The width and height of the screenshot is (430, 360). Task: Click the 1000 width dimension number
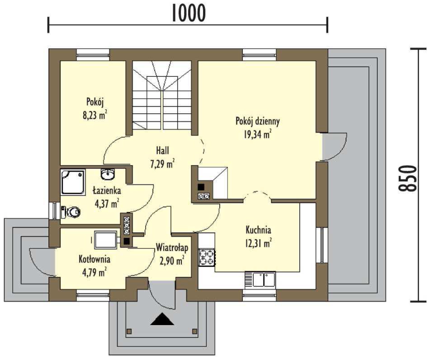[189, 13]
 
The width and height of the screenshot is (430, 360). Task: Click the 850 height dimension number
[408, 178]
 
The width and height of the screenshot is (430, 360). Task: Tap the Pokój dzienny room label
[257, 121]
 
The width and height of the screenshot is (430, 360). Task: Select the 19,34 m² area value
[257, 134]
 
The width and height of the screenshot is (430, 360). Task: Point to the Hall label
[162, 151]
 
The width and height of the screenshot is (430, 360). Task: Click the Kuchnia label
[258, 230]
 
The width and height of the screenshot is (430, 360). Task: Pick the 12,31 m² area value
[258, 243]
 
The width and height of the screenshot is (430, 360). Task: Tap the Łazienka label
[107, 191]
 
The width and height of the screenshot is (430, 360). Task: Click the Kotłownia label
[94, 259]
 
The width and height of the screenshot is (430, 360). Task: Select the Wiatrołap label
[172, 248]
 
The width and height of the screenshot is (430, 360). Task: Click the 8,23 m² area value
[95, 115]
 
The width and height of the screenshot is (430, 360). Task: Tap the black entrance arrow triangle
[162, 319]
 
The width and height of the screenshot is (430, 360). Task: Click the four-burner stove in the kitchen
[207, 257]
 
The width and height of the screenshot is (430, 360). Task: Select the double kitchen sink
[260, 280]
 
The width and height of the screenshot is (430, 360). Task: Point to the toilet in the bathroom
[71, 212]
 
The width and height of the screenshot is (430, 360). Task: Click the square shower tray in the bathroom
[73, 182]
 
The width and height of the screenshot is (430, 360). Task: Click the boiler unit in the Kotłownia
[106, 240]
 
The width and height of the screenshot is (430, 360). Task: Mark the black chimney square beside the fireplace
[201, 187]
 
